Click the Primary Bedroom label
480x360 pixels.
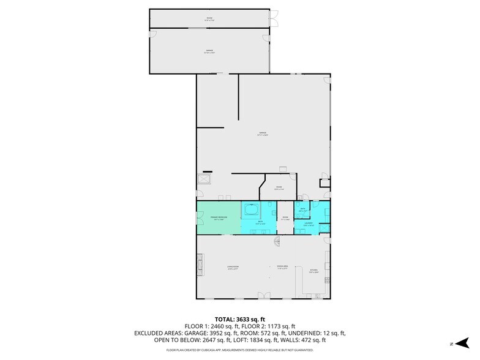[219, 218]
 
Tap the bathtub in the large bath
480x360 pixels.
[250, 210]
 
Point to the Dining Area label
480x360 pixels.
[282, 267]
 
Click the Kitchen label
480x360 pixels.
[314, 271]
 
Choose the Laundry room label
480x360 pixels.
[309, 224]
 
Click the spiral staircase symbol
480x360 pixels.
[277, 242]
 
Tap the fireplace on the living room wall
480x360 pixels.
[199, 265]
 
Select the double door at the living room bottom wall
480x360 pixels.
[263, 296]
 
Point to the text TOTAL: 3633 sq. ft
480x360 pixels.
[239, 320]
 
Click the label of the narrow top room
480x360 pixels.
[209, 19]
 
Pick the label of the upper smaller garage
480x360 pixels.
[209, 51]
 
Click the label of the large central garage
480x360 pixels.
[263, 133]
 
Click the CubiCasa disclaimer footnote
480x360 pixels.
[239, 350]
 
